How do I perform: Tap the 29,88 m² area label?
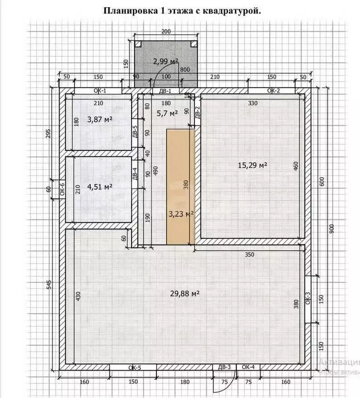185,293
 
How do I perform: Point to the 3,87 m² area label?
100,119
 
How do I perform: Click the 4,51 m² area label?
100,187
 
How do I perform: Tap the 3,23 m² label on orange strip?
181,212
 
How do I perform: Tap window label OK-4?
248,367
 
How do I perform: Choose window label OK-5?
134,367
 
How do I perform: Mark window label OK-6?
62,189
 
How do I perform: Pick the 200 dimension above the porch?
165,32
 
